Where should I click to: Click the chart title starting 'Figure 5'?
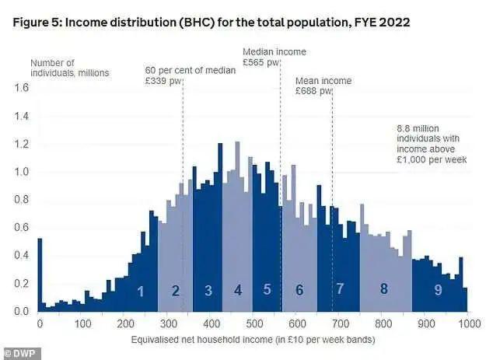pos(212,23)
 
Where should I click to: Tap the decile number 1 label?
pos(141,292)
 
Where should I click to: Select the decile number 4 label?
pos(238,291)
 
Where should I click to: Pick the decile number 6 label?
pos(299,291)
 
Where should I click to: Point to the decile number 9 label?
pos(439,291)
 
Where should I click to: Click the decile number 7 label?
pos(340,290)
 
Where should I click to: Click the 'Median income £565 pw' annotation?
pos(263,58)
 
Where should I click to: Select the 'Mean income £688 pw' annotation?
pos(323,86)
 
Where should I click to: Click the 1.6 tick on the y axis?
pos(21,88)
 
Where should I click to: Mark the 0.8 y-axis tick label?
pos(21,200)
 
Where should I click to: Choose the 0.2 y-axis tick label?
pos(21,284)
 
